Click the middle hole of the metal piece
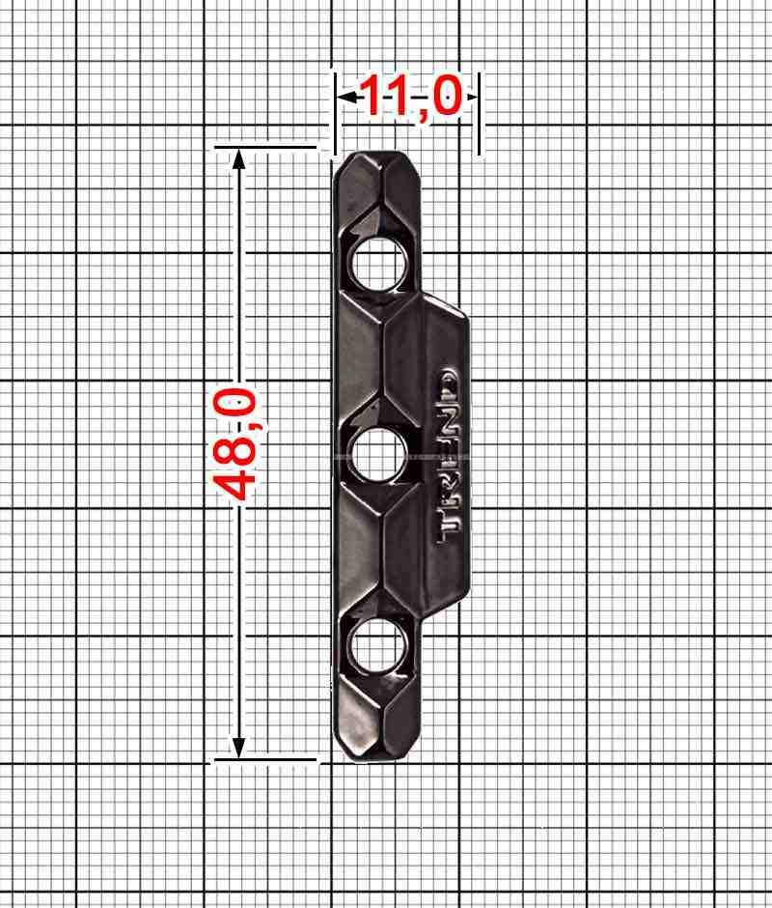tap(378, 455)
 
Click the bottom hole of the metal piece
tap(378, 645)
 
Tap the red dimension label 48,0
tap(234, 444)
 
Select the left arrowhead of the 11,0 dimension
tap(346, 98)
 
